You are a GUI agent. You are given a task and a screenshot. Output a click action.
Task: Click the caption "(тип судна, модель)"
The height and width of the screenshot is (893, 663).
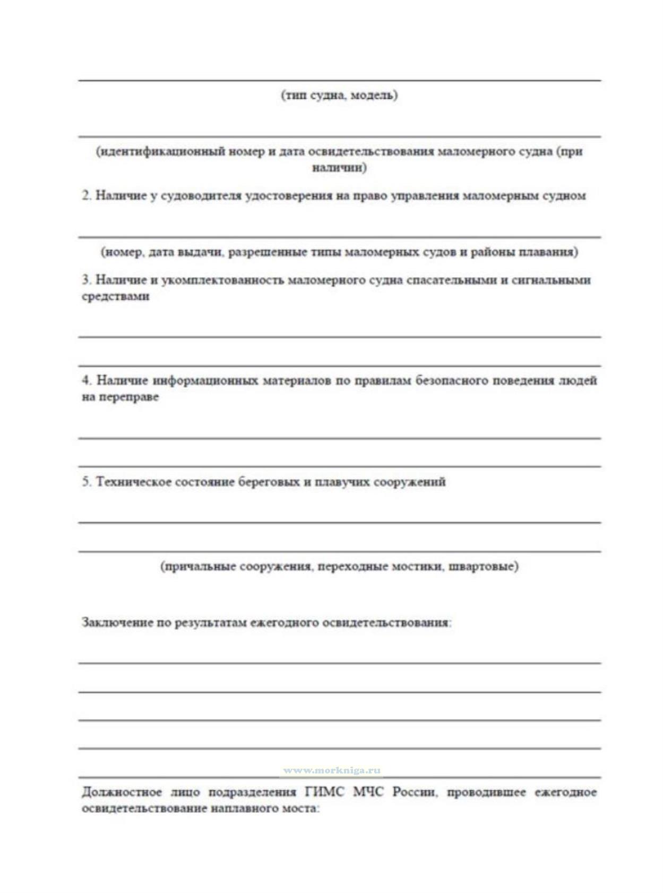pyautogui.click(x=339, y=96)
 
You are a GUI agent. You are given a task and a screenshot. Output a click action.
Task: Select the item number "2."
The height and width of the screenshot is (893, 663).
pyautogui.click(x=87, y=195)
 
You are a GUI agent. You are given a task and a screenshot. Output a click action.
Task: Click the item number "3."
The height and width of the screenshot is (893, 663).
pyautogui.click(x=87, y=280)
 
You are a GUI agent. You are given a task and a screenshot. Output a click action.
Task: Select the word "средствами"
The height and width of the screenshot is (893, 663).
pyautogui.click(x=115, y=296)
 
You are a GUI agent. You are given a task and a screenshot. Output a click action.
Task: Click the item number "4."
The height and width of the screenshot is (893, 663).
pyautogui.click(x=87, y=380)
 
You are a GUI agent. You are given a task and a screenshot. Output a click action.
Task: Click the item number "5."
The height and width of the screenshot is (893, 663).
pyautogui.click(x=87, y=482)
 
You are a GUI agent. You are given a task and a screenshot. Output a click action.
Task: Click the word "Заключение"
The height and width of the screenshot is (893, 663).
pyautogui.click(x=116, y=622)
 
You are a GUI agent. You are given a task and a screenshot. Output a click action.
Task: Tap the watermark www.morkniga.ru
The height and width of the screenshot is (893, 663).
pyautogui.click(x=332, y=770)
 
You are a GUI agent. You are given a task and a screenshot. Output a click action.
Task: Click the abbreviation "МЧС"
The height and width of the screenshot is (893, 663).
pyautogui.click(x=368, y=792)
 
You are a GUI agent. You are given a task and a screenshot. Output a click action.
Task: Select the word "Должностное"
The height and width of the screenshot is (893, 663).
pyautogui.click(x=122, y=792)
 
